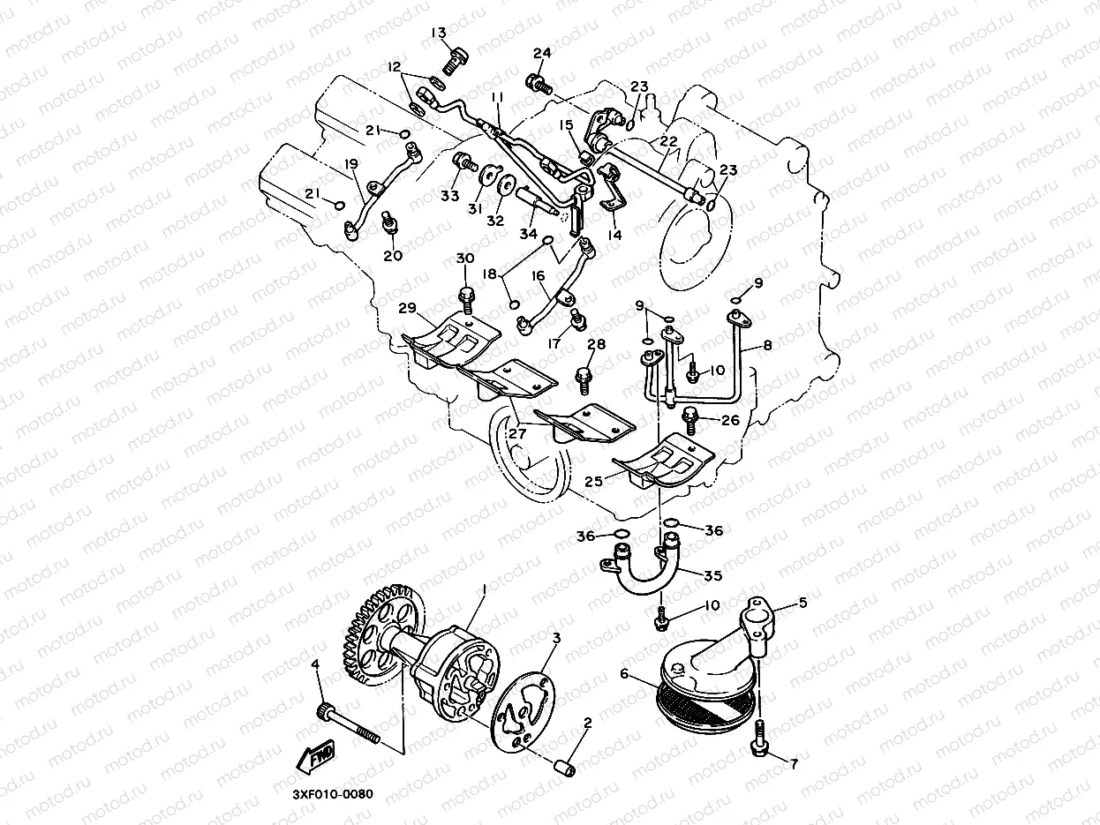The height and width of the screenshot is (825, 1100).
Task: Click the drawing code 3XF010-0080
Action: click(333, 793)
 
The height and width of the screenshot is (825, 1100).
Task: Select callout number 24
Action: click(542, 54)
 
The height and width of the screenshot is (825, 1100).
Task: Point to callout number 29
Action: click(407, 308)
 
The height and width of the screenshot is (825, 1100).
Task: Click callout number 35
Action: click(712, 575)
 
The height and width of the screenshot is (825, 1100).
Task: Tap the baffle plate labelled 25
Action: click(663, 466)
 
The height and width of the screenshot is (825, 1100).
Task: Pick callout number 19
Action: click(351, 164)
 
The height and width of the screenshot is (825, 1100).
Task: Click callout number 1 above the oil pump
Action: click(484, 587)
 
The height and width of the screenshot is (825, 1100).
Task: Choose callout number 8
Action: click(767, 347)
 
